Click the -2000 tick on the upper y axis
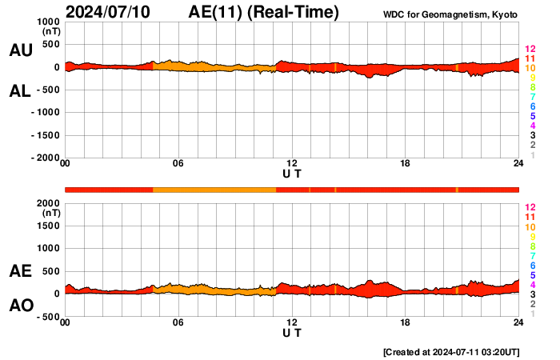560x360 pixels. [x=44, y=158]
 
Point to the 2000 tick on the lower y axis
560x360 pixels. [x=49, y=203]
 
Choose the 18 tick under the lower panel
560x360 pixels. [x=406, y=322]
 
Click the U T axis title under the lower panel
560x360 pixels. [x=292, y=333]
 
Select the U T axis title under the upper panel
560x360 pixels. [x=292, y=174]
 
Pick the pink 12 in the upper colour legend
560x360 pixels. [x=530, y=49]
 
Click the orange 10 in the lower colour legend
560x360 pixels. [x=530, y=226]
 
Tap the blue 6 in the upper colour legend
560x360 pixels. [x=531, y=106]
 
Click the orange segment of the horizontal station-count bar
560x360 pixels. [x=214, y=189]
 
